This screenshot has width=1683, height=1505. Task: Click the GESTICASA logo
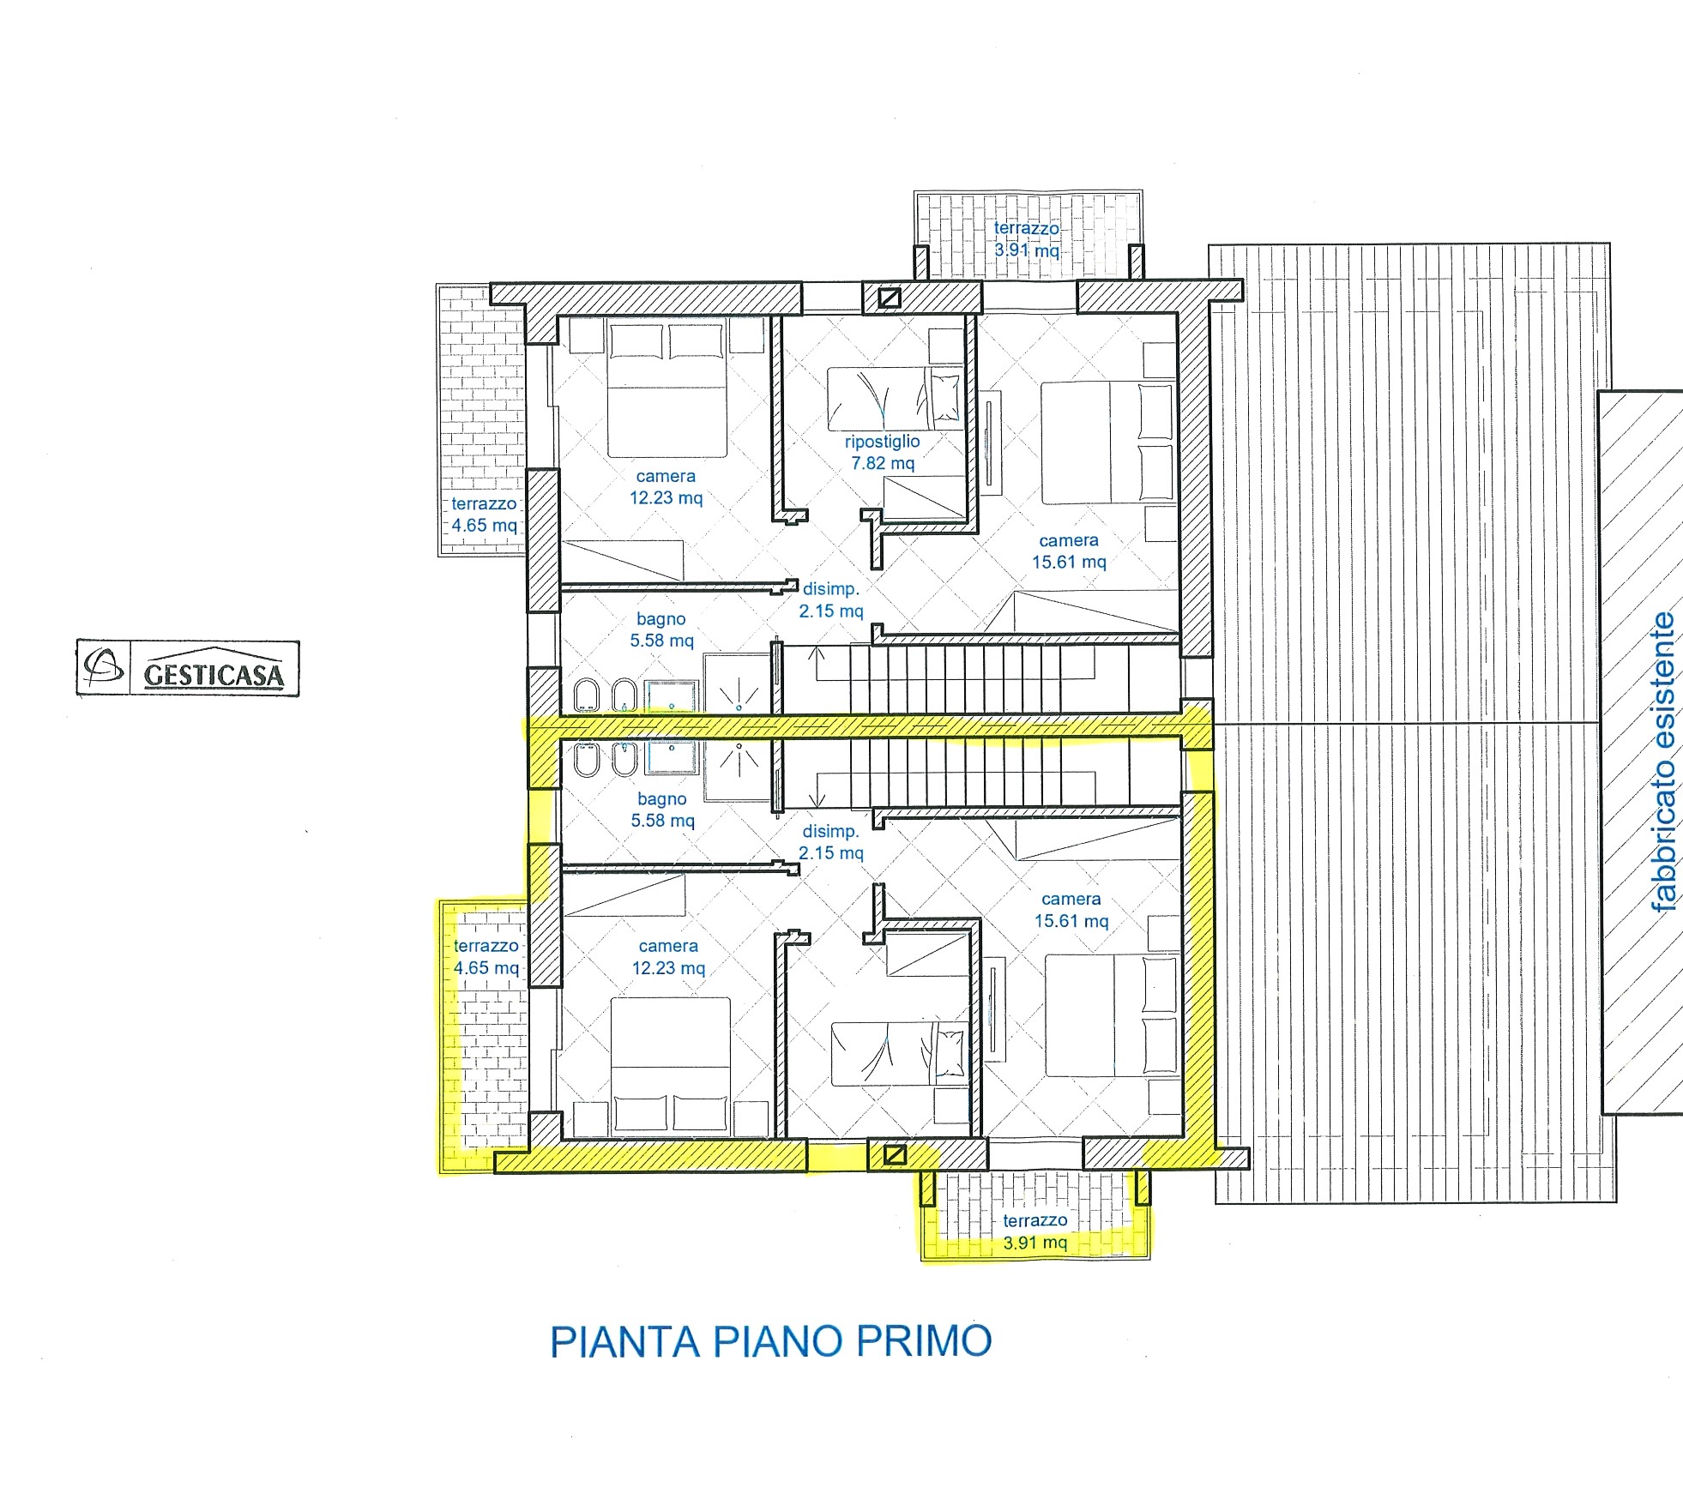[x=188, y=667]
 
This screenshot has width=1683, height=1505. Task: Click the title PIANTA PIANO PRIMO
[x=770, y=1341]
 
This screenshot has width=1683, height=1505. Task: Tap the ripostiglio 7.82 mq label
[x=883, y=452]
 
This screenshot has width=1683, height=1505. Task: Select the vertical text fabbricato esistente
[x=1663, y=761]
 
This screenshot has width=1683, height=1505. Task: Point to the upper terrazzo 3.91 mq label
[x=1027, y=239]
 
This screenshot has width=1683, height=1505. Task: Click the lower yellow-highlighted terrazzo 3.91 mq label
[x=1035, y=1231]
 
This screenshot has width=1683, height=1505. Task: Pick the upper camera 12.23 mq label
[x=666, y=487]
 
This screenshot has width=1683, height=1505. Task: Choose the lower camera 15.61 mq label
[x=1071, y=910]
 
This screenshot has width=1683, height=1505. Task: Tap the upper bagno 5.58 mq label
[x=661, y=629]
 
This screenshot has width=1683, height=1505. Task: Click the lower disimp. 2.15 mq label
[x=831, y=842]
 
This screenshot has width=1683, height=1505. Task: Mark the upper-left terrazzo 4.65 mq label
[x=485, y=515]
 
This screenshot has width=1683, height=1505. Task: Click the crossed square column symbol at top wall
[x=890, y=298]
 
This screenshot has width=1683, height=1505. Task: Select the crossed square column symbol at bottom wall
[x=895, y=1155]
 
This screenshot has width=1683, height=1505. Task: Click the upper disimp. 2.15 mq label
[x=831, y=600]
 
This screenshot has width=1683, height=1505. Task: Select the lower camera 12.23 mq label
[x=668, y=957]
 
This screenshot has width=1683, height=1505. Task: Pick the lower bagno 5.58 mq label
[x=662, y=810]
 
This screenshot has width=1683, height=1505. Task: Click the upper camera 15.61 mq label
[x=1069, y=551]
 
